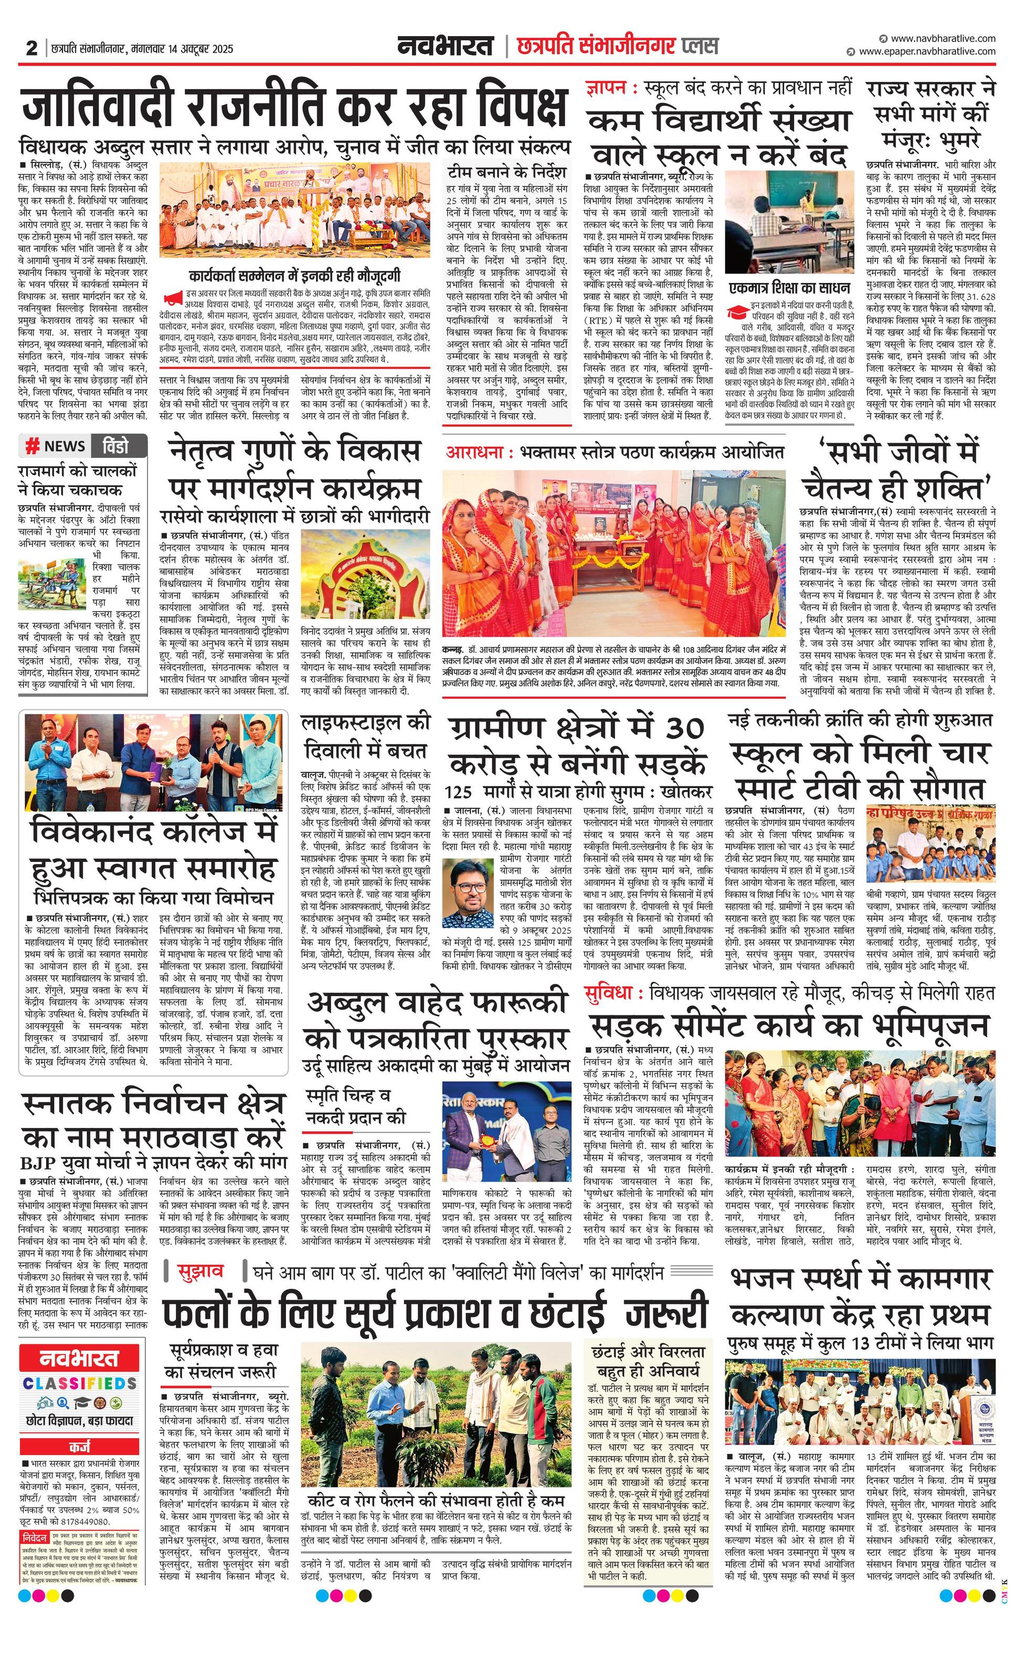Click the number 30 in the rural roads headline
click(683, 729)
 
